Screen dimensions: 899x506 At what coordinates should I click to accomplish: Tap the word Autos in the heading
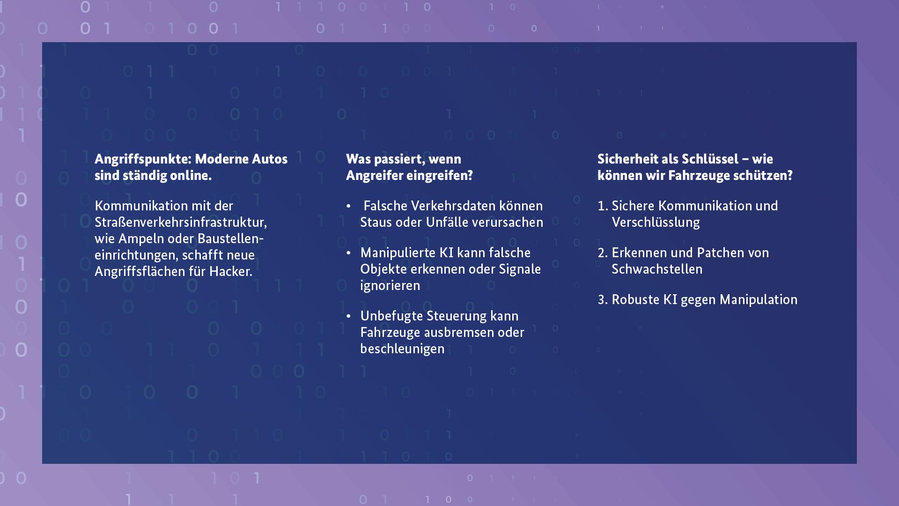click(270, 159)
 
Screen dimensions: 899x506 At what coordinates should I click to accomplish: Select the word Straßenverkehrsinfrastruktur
click(181, 222)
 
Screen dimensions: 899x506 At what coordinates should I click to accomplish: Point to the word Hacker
click(230, 271)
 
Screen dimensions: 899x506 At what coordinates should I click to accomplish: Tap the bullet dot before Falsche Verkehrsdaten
click(348, 206)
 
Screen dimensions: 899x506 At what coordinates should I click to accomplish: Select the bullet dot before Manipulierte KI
click(348, 253)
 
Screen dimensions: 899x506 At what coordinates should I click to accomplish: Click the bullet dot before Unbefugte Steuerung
click(348, 316)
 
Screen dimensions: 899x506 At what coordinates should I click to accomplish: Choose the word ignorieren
click(390, 286)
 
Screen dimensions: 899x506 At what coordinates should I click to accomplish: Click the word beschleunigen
click(402, 349)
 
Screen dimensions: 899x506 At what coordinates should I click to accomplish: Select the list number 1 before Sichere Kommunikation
click(602, 206)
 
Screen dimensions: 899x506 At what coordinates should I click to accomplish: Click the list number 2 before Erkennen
click(603, 253)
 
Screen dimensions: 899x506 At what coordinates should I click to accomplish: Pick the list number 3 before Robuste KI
click(603, 300)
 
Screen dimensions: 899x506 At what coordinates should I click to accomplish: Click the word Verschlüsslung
click(656, 223)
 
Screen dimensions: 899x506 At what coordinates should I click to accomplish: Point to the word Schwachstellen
click(657, 269)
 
